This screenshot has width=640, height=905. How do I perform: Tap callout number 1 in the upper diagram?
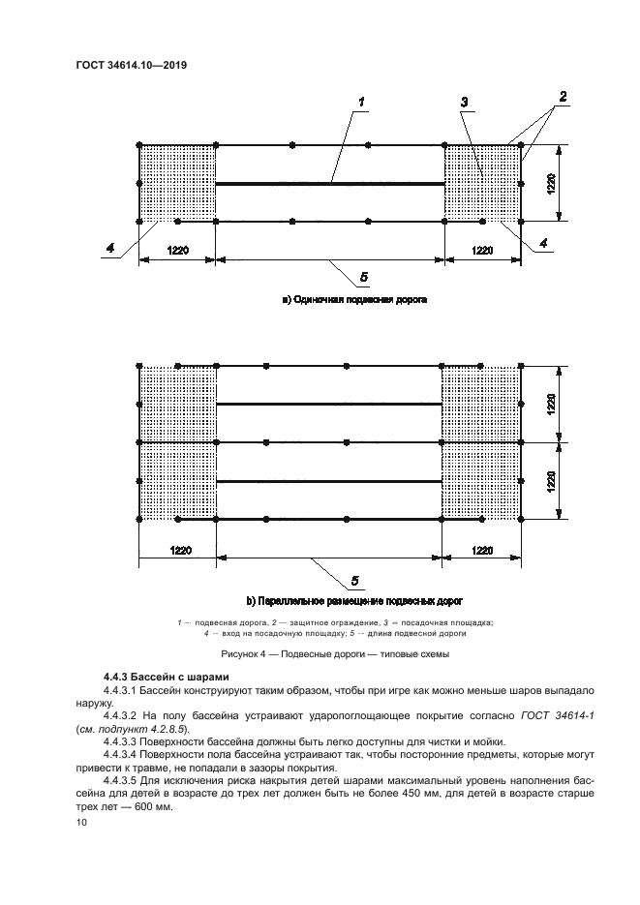[x=361, y=102]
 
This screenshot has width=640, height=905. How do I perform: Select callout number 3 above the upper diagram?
[x=465, y=102]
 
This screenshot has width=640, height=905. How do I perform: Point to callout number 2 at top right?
[x=561, y=97]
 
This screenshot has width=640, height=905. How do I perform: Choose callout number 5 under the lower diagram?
[x=354, y=580]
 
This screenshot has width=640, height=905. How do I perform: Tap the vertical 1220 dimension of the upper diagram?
[x=551, y=184]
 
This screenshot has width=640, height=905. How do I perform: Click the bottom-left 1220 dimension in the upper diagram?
[x=176, y=250]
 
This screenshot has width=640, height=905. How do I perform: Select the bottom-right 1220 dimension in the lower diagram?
[x=482, y=550]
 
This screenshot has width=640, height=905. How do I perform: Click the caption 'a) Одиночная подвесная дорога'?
[x=354, y=301]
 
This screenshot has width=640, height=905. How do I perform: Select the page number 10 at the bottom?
[x=81, y=822]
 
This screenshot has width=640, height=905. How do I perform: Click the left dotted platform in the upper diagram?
[x=176, y=184]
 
